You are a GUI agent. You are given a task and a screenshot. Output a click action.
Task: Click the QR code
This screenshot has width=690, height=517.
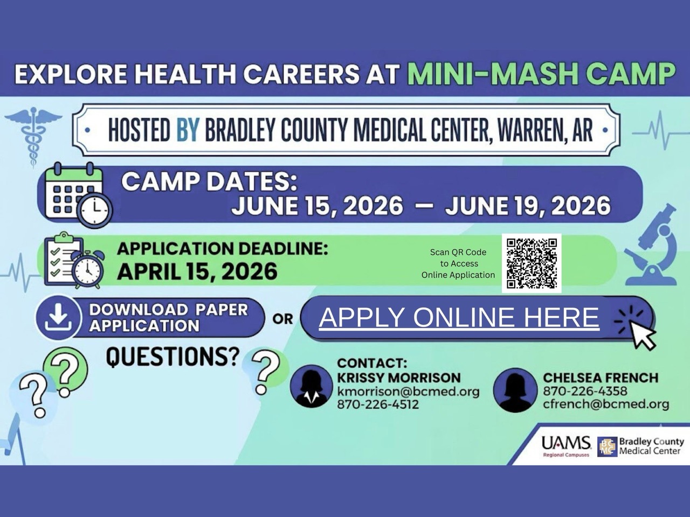click(x=532, y=263)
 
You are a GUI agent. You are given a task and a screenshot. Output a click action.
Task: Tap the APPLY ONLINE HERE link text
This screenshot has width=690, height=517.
click(x=459, y=317)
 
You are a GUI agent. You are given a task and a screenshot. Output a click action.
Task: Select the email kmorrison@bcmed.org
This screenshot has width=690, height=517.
click(x=409, y=392)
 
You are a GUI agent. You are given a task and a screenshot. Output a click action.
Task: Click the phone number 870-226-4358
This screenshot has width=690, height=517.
click(x=585, y=391)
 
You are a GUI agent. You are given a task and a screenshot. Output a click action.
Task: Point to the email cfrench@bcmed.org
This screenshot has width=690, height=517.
click(x=606, y=404)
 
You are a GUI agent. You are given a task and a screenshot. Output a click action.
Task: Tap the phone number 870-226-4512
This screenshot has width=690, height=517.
click(x=378, y=404)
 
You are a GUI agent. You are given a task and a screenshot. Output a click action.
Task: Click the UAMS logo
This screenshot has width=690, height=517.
click(x=566, y=446)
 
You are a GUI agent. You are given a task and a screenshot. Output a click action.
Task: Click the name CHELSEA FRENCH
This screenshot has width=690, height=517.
click(x=601, y=378)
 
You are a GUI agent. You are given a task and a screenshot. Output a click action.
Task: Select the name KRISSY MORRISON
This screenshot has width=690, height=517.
click(x=398, y=378)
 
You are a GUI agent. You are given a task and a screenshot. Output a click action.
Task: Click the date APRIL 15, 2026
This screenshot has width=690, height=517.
click(x=197, y=271)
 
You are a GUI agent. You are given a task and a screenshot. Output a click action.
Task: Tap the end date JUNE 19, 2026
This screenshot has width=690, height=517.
click(x=528, y=206)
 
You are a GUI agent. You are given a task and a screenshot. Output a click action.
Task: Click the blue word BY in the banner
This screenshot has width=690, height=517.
click(x=188, y=130)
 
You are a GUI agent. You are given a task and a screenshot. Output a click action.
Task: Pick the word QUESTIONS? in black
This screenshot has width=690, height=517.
click(x=172, y=357)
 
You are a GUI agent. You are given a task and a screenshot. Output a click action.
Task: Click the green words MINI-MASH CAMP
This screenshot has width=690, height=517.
click(x=541, y=74)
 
